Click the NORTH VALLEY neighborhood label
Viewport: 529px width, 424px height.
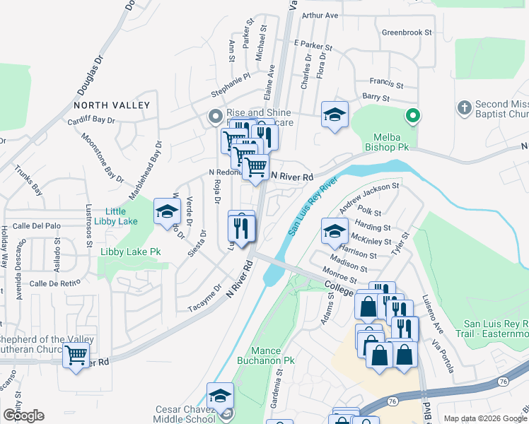click(x=112, y=105)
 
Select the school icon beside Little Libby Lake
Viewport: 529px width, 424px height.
click(x=167, y=211)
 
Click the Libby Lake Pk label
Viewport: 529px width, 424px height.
click(x=130, y=252)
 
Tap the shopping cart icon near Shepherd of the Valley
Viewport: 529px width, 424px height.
click(x=76, y=355)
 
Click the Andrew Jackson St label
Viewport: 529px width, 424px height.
click(x=369, y=197)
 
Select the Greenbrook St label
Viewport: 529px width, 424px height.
click(x=406, y=33)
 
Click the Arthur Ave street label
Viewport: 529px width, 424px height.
click(x=320, y=16)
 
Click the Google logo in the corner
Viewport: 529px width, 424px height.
click(x=23, y=416)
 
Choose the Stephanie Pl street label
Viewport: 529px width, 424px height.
click(x=231, y=85)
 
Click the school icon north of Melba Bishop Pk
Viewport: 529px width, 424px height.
click(x=335, y=115)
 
